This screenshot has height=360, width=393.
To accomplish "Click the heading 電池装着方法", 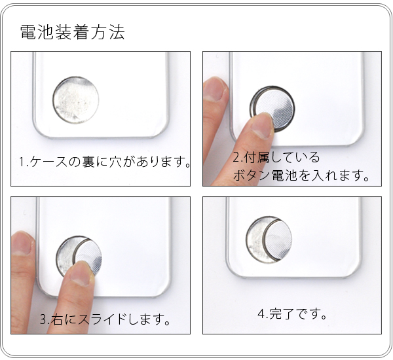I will (x=72, y=32).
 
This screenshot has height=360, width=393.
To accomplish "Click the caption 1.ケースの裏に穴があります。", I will (x=104, y=162).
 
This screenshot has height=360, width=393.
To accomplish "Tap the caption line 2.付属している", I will (x=276, y=158).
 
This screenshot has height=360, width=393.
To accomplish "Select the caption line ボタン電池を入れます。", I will (x=302, y=176).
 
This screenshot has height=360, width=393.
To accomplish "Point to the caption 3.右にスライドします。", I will (x=105, y=320).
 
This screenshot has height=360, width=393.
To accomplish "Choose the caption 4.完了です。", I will (x=292, y=314).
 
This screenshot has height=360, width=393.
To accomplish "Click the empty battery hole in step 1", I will (x=75, y=100).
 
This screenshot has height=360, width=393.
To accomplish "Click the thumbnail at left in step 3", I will (x=24, y=243).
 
